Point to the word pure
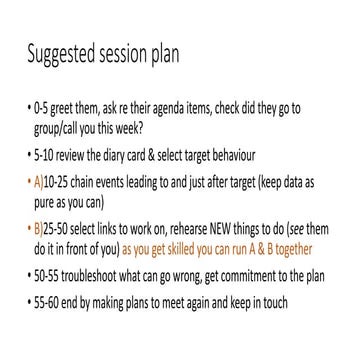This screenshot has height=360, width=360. [x=58, y=201]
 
